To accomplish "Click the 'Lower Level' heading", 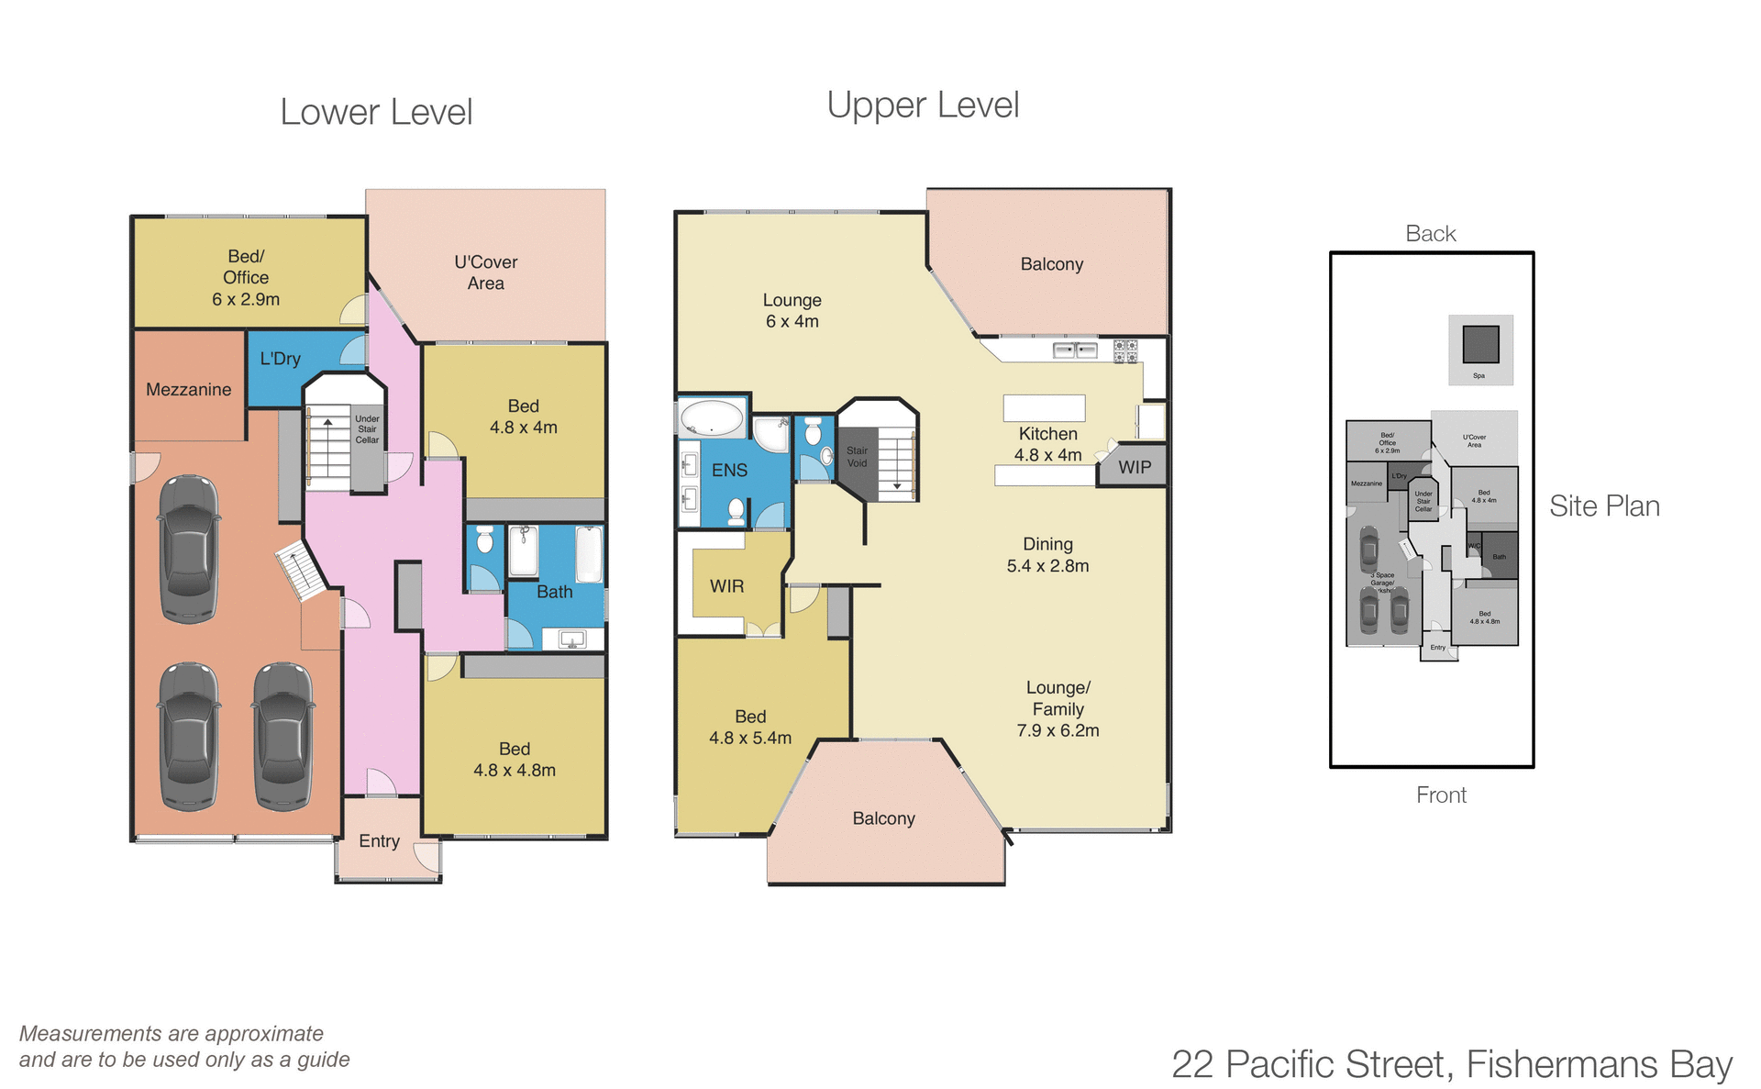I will coord(376,112).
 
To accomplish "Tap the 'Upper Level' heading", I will coord(923,105).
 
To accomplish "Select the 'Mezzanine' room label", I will coord(188,389).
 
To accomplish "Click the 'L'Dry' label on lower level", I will coord(280,359).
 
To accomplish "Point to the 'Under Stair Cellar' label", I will coord(367,429).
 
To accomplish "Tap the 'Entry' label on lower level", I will coord(379,840).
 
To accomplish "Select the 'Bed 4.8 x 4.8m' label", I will coord(514,760).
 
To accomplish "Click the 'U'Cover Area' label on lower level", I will coord(485,272).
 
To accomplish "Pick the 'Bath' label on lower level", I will coord(554,592).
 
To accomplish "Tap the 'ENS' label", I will coord(729,470).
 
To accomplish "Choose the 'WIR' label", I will coord(726,585).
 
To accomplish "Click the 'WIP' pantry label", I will coord(1135,467).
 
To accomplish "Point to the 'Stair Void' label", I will coord(857,457).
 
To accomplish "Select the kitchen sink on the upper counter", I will coord(1074,350).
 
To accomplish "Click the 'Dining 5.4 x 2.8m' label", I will coord(1047,555).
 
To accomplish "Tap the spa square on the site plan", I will coord(1480,345).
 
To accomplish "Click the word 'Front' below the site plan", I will coord(1441,795).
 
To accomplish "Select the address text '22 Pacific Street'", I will coord(1312,1064).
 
